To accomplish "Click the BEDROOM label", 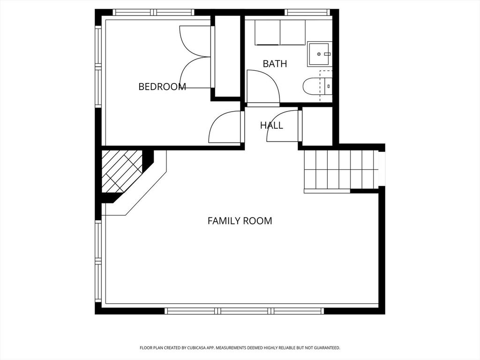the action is click(x=162, y=87).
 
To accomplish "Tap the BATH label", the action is click(x=275, y=64).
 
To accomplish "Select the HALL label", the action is click(x=271, y=125).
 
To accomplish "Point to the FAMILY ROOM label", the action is click(x=240, y=221).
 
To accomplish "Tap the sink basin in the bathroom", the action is click(x=319, y=54).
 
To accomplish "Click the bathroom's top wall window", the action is click(x=308, y=12).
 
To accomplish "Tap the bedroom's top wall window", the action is click(x=153, y=12).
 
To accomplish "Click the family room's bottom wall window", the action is click(x=244, y=311).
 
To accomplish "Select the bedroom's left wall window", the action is click(x=98, y=67).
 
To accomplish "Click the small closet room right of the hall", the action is click(x=317, y=127).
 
